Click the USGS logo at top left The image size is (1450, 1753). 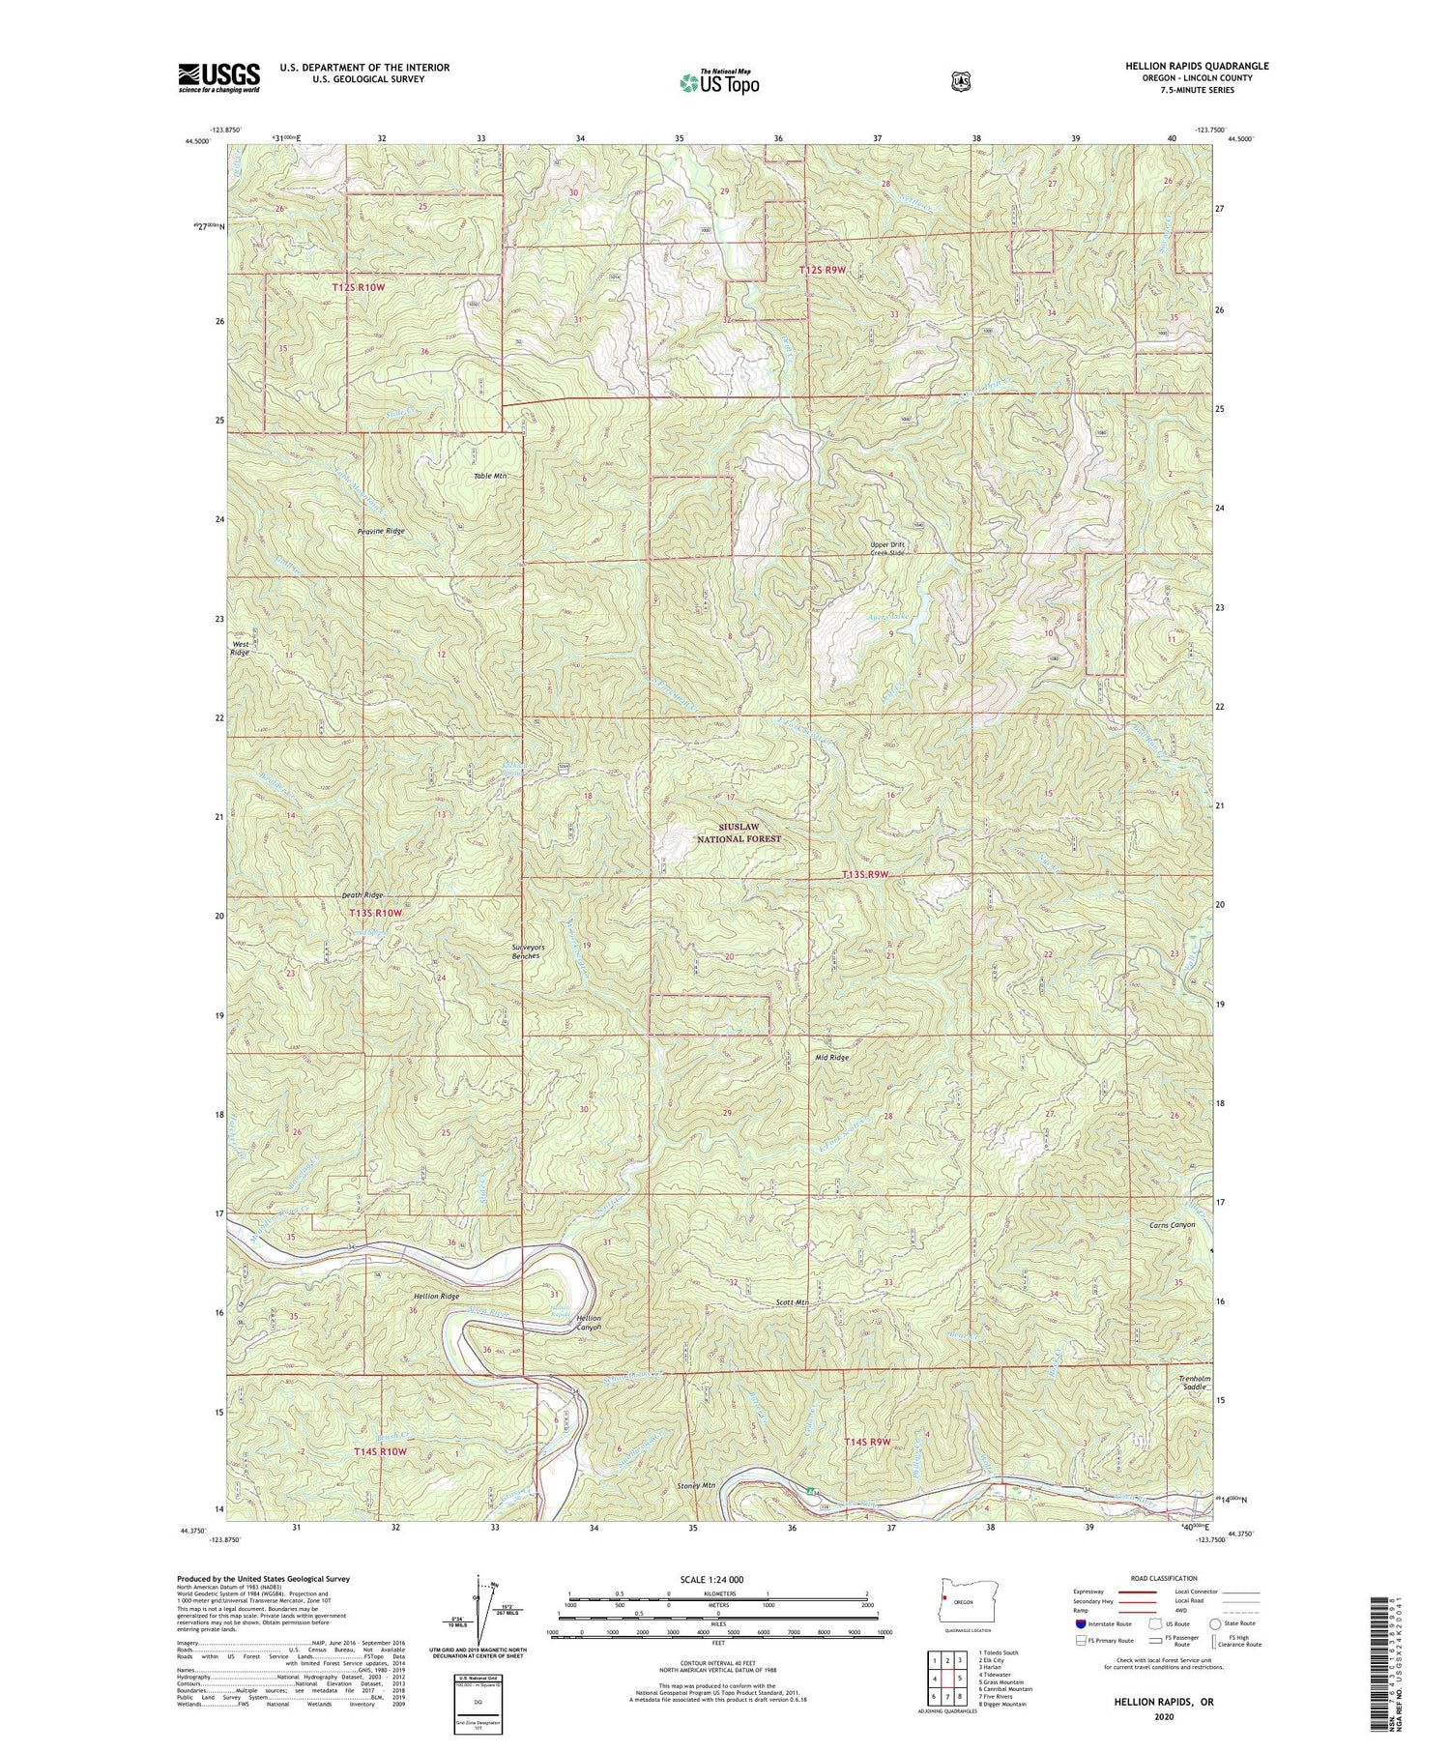218,77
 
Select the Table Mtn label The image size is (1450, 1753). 490,477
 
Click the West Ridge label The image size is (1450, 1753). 240,648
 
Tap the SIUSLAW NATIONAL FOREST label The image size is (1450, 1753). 739,833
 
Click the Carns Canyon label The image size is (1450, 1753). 1172,1224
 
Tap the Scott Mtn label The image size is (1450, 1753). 792,1302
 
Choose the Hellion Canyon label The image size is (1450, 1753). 588,1323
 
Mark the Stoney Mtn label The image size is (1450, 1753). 696,1485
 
